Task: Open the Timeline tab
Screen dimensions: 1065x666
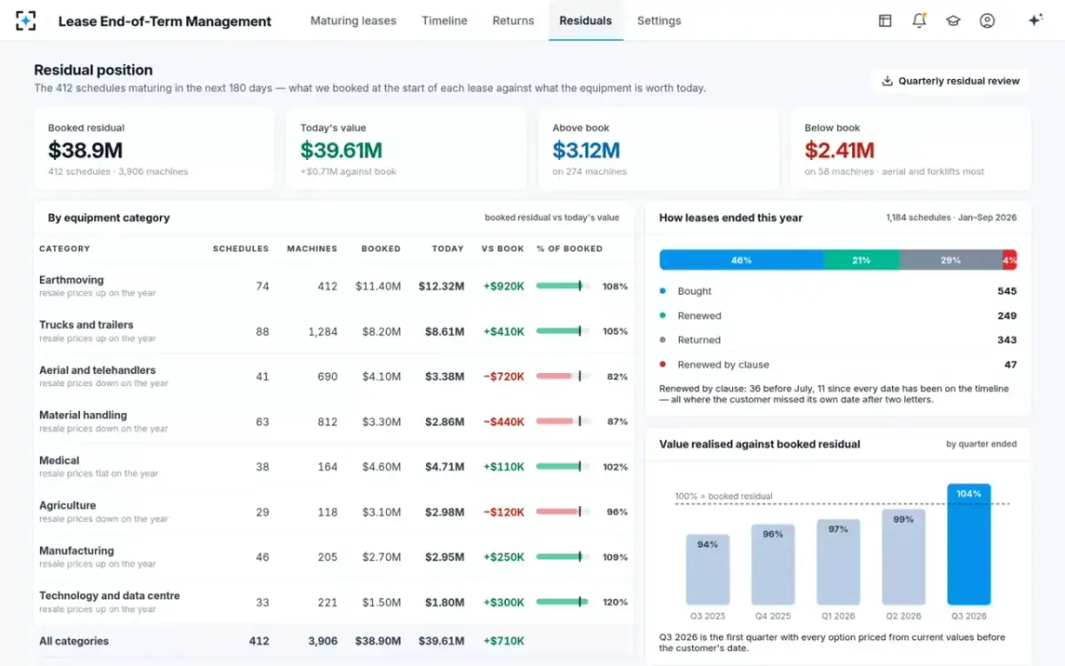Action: [444, 20]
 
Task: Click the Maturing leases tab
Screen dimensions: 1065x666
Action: [353, 20]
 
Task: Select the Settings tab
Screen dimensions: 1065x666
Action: [659, 20]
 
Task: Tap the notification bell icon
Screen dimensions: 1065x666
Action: [919, 20]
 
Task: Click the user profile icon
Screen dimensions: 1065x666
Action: [987, 20]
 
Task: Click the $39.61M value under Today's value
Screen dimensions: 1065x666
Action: [342, 150]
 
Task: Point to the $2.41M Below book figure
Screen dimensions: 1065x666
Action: [840, 150]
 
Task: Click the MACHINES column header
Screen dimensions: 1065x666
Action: [312, 249]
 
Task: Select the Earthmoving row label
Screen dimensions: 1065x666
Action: [71, 280]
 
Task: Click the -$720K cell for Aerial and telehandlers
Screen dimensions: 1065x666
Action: [503, 377]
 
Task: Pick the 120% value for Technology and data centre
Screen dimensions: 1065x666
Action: [615, 602]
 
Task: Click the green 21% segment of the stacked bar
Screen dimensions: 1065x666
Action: [862, 259]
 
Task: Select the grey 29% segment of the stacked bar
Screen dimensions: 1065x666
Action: [951, 259]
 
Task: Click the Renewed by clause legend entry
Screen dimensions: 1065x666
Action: [723, 364]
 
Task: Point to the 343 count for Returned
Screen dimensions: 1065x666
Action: [1006, 339]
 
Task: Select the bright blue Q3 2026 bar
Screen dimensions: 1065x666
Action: [968, 544]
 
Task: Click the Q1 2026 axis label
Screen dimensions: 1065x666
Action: [838, 616]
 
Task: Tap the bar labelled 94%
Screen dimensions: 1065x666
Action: [707, 569]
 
